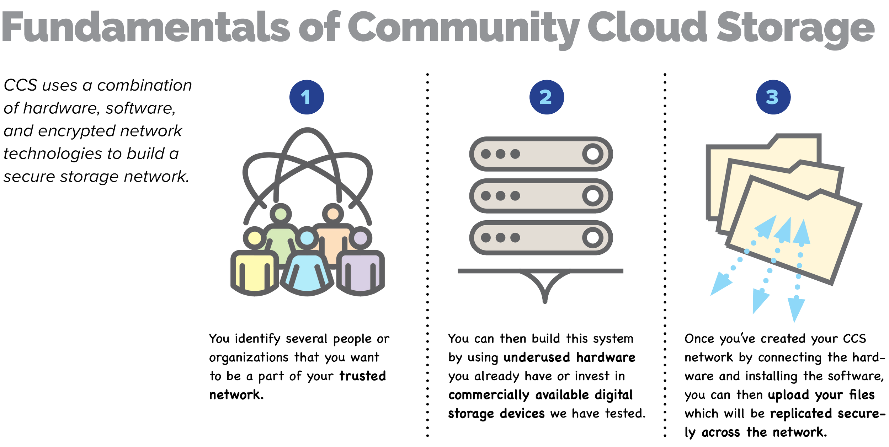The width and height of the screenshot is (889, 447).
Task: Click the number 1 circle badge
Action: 307,97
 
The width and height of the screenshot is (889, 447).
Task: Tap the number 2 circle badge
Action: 546,97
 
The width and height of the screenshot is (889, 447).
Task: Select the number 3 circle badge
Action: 773,97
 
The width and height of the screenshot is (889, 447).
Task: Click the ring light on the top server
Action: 592,154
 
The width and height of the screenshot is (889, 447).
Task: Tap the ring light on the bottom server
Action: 592,237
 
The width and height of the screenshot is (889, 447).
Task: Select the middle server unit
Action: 541,195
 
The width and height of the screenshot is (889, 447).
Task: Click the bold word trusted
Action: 363,376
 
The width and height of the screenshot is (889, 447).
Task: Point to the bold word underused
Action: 537,357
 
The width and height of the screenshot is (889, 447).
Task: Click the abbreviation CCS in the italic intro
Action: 21,85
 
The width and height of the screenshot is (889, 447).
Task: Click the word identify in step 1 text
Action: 257,339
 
